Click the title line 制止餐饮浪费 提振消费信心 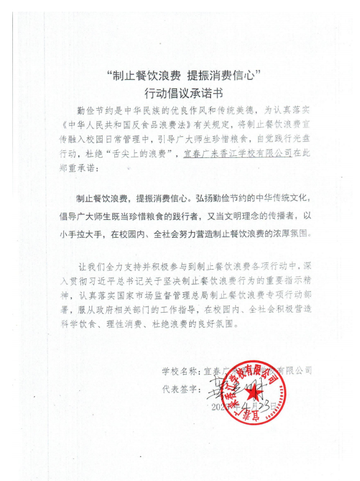[x=184, y=76]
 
